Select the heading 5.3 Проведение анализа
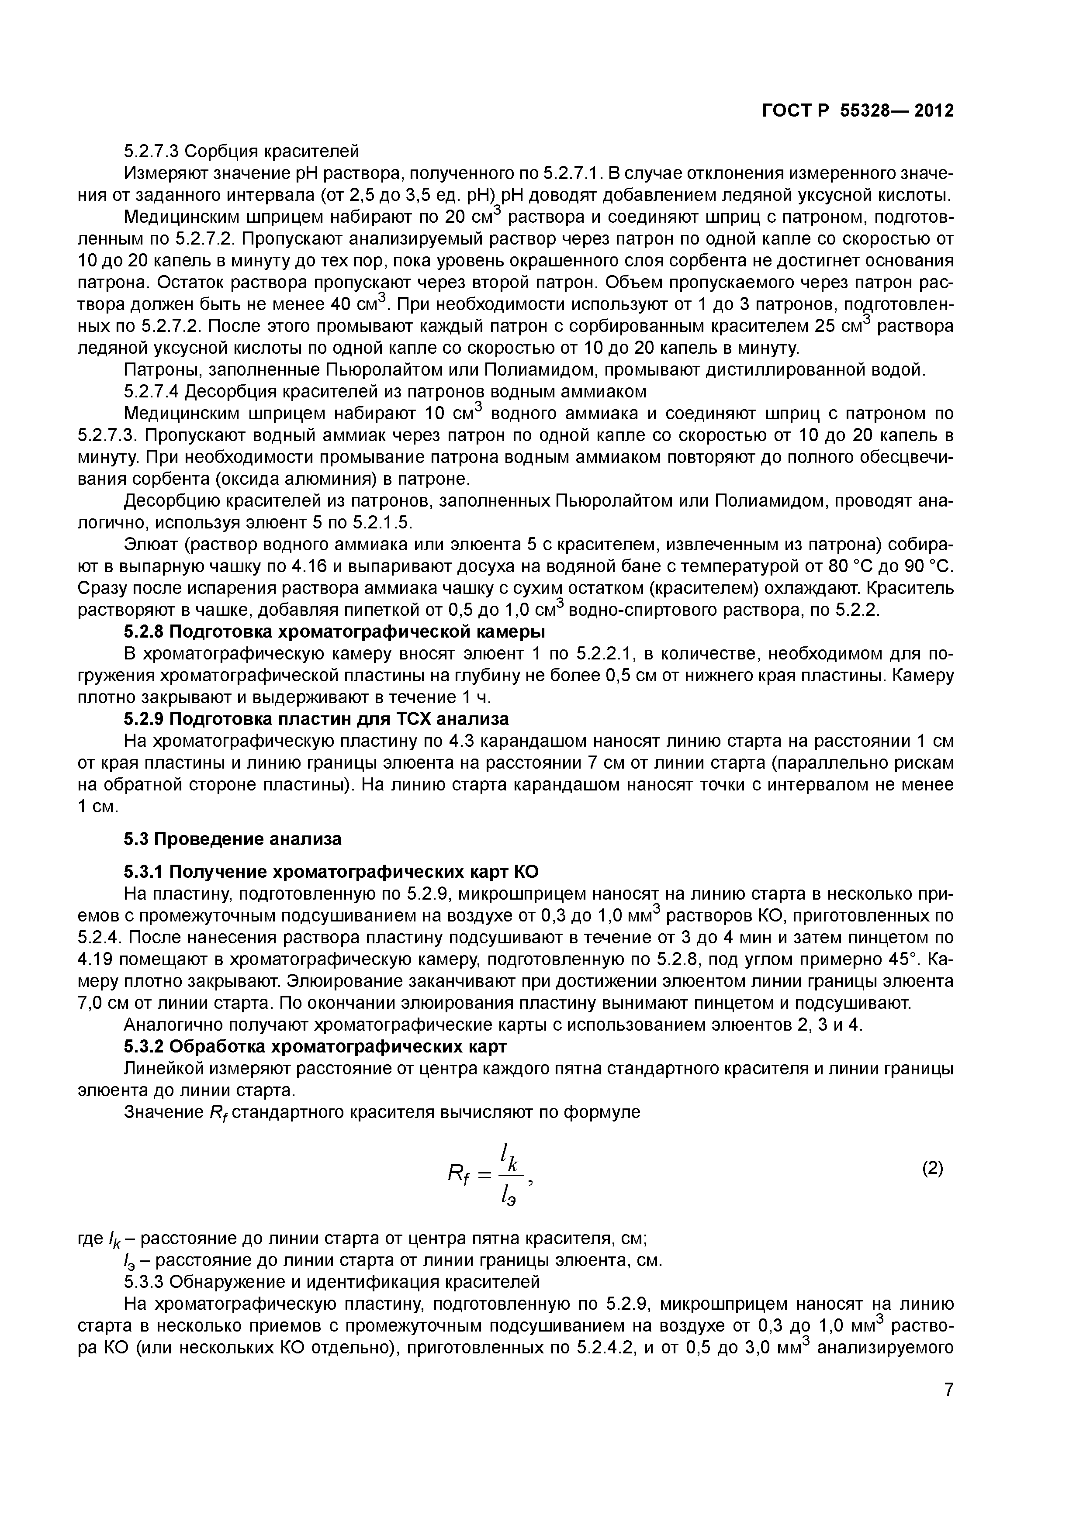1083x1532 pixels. (232, 839)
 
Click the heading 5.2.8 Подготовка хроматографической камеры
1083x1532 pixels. (334, 631)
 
